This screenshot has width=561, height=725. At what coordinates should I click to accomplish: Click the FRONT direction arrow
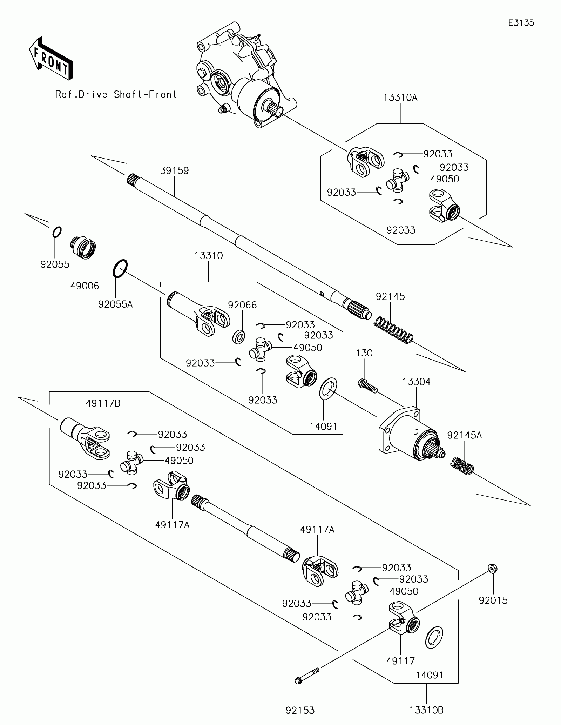[x=51, y=58]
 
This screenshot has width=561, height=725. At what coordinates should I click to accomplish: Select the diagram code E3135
[x=521, y=23]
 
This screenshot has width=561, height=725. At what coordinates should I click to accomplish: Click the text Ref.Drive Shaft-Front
[x=116, y=94]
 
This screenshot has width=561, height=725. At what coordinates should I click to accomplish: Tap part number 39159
[x=175, y=171]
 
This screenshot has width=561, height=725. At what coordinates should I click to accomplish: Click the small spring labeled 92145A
[x=462, y=465]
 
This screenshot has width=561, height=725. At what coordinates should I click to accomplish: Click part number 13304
[x=416, y=382]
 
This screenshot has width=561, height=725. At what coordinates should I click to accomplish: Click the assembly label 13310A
[x=400, y=98]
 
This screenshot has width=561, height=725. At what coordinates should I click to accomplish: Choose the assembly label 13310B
[x=426, y=710]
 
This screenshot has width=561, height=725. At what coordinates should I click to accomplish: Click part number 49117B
[x=103, y=404]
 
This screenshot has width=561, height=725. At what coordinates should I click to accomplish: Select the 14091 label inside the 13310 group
[x=323, y=426]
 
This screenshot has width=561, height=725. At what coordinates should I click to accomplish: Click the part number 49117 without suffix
[x=400, y=661]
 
